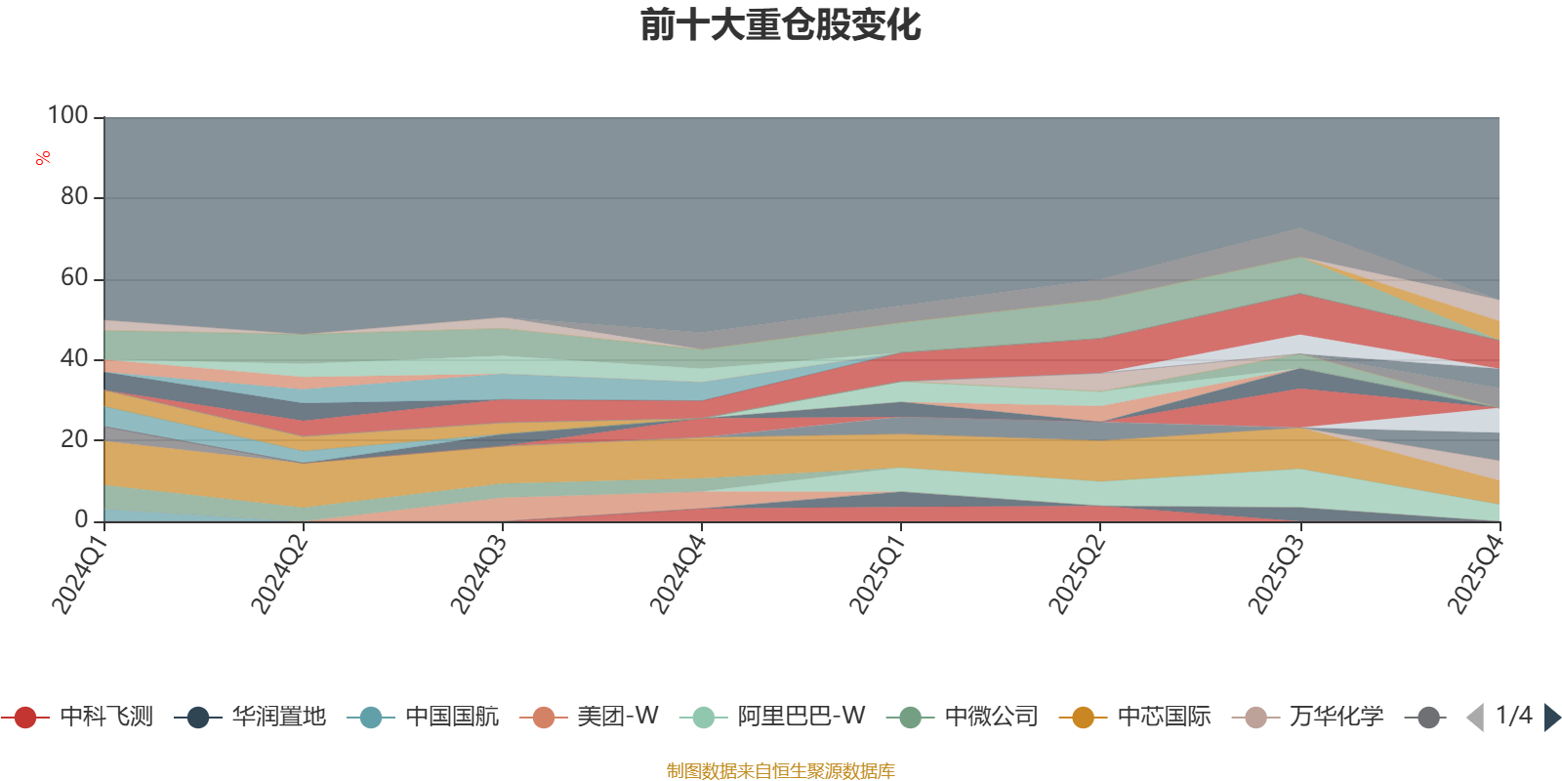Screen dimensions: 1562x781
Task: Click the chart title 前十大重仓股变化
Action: pyautogui.click(x=780, y=25)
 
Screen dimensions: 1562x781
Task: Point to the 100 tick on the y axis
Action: pyautogui.click(x=67, y=115)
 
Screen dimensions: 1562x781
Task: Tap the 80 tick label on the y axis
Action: pyautogui.click(x=74, y=196)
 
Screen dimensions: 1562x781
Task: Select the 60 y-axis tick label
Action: pyautogui.click(x=74, y=277)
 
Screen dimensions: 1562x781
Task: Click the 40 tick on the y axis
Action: pyautogui.click(x=74, y=358)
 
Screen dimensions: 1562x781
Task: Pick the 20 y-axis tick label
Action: pyautogui.click(x=74, y=439)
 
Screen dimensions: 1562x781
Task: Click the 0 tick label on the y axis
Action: pyautogui.click(x=82, y=519)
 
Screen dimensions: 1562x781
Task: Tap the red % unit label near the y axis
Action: pyautogui.click(x=43, y=158)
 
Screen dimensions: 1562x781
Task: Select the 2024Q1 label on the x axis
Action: pyautogui.click(x=80, y=573)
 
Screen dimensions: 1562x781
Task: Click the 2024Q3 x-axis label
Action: pyautogui.click(x=478, y=573)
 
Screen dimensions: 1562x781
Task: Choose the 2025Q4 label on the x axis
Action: pyautogui.click(x=1475, y=573)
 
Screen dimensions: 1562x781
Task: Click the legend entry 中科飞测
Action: pyautogui.click(x=78, y=717)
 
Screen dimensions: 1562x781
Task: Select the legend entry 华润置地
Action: pyautogui.click(x=250, y=717)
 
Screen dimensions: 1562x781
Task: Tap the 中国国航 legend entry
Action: pyautogui.click(x=424, y=717)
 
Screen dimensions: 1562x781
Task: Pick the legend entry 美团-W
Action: pyautogui.click(x=590, y=717)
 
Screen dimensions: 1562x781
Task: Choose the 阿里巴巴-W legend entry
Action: pyautogui.click(x=772, y=717)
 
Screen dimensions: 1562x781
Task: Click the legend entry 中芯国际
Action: pyautogui.click(x=1135, y=717)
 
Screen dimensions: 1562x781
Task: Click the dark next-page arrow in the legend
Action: pyautogui.click(x=1551, y=717)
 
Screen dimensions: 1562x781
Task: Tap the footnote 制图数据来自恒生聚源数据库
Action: pyautogui.click(x=780, y=770)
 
